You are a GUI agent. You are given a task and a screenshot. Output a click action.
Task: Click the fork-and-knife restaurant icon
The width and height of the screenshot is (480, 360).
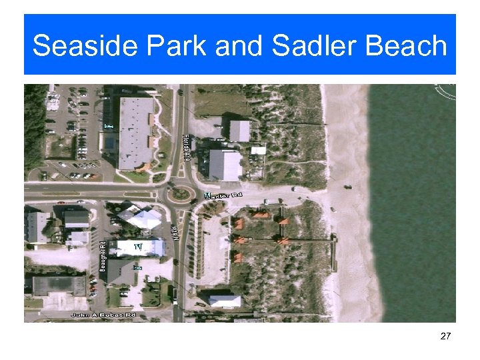click(139, 247)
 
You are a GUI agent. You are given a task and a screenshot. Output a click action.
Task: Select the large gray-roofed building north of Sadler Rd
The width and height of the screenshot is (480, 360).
click(136, 132)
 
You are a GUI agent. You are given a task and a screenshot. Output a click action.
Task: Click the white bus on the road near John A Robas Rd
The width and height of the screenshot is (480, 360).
click(175, 294)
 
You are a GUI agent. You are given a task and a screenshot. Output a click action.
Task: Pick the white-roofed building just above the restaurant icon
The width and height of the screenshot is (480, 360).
click(141, 218)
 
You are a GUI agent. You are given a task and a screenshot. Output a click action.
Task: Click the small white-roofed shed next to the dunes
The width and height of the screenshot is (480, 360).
click(259, 150)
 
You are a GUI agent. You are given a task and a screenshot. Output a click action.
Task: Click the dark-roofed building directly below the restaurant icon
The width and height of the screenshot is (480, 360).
click(121, 272)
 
